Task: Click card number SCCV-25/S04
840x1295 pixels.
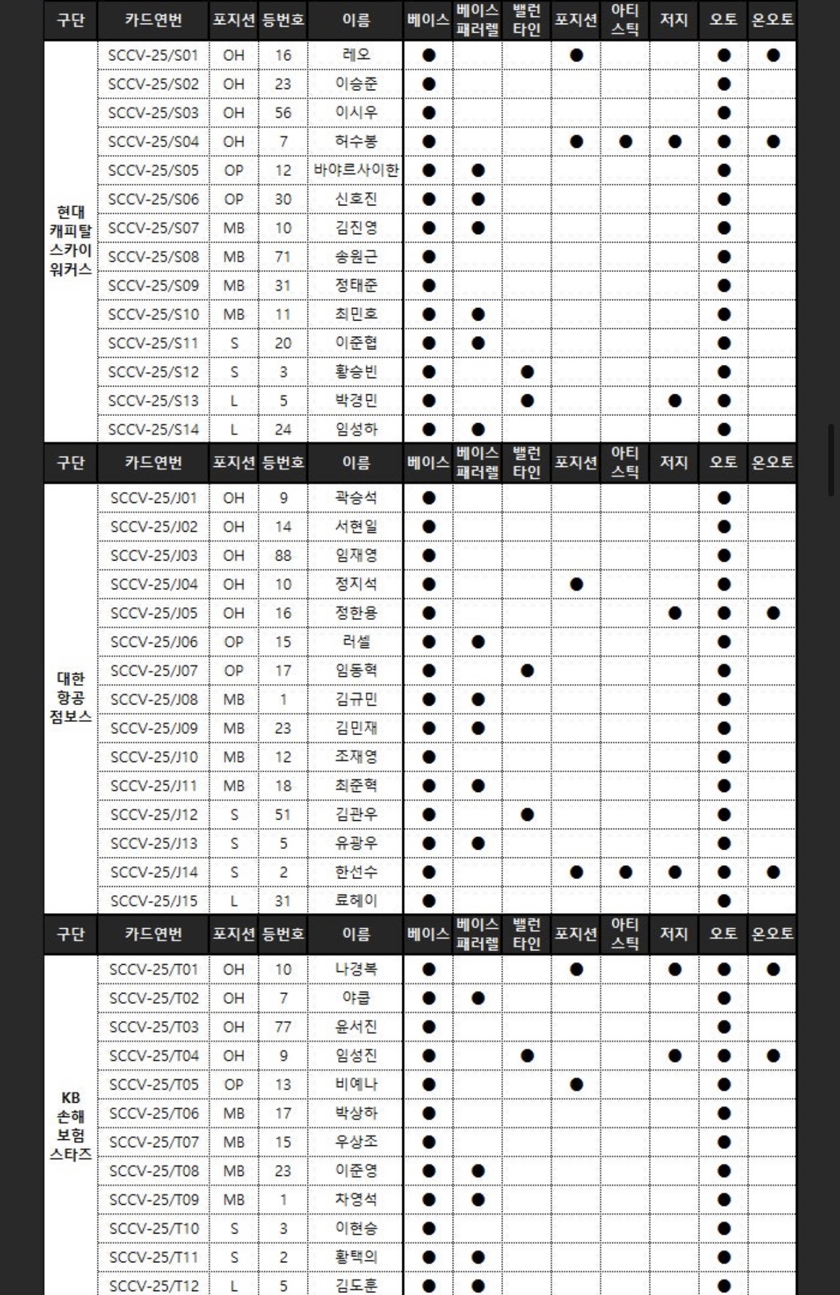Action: pyautogui.click(x=153, y=141)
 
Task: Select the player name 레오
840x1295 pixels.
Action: pyautogui.click(x=356, y=55)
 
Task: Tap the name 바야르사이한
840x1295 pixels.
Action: pyautogui.click(x=356, y=170)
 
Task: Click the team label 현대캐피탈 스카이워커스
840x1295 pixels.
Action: pyautogui.click(x=71, y=241)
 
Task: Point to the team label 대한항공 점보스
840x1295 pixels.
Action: pyautogui.click(x=71, y=697)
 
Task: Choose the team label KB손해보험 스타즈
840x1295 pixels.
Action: pyautogui.click(x=71, y=1126)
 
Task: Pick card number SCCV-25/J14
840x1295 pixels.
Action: pyautogui.click(x=153, y=872)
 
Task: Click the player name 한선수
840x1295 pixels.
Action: pyautogui.click(x=356, y=872)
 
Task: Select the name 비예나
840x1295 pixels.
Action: pyautogui.click(x=356, y=1084)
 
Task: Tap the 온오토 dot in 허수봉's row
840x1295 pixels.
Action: pyautogui.click(x=773, y=141)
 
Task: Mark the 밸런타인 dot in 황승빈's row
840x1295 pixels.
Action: pyautogui.click(x=527, y=372)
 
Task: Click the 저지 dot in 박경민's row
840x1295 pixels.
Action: pyautogui.click(x=674, y=401)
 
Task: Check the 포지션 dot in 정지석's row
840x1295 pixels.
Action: pyautogui.click(x=576, y=584)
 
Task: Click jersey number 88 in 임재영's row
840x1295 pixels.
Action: pyautogui.click(x=283, y=555)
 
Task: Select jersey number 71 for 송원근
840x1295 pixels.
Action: pyautogui.click(x=283, y=257)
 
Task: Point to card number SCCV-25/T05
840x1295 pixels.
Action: pyautogui.click(x=153, y=1084)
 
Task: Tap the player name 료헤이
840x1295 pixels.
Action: pyautogui.click(x=356, y=901)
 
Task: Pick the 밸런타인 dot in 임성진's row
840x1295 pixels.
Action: pyautogui.click(x=527, y=1056)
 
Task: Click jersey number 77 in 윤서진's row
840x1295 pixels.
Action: pyautogui.click(x=283, y=1027)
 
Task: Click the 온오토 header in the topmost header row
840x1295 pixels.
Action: pyautogui.click(x=773, y=20)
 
